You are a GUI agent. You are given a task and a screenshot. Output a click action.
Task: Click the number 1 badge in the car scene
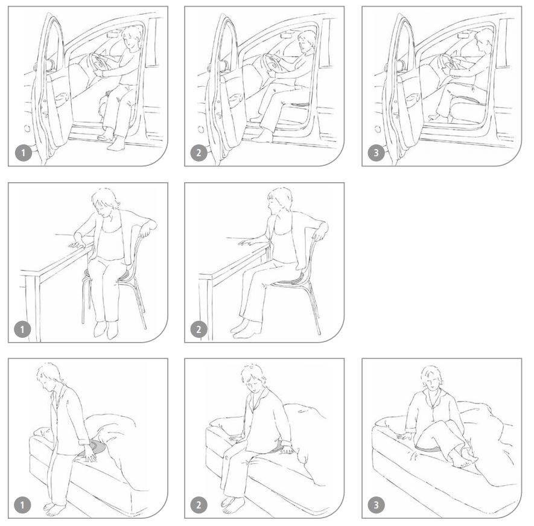click(x=23, y=153)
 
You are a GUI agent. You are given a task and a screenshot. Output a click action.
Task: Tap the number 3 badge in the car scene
click(x=376, y=153)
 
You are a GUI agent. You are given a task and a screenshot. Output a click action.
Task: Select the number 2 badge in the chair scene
click(x=199, y=329)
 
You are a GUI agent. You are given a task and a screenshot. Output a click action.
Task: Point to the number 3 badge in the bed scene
click(x=376, y=505)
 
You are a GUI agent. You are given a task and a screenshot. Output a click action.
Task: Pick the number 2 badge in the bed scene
click(x=199, y=505)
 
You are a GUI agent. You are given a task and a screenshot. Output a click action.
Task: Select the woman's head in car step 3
click(x=483, y=40)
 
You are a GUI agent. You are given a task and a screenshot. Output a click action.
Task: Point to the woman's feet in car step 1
click(x=112, y=141)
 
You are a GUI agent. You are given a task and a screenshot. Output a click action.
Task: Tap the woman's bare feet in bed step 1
click(x=54, y=509)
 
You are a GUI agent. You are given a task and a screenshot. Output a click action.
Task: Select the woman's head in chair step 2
click(x=279, y=200)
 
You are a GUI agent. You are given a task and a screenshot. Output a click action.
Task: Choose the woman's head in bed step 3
click(x=432, y=379)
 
